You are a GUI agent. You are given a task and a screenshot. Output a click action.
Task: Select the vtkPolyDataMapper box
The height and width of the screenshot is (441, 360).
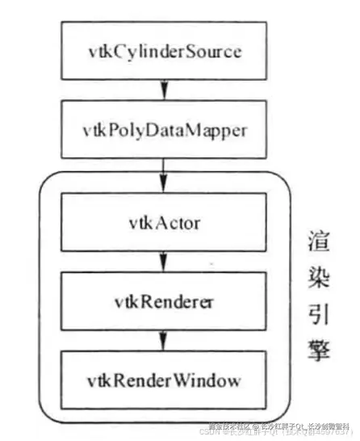pos(164,128)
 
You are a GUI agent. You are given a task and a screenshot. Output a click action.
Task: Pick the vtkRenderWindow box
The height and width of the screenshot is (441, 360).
pos(164,378)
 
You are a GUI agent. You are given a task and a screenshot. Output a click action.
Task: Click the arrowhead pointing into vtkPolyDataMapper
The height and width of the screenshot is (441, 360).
pos(164,91)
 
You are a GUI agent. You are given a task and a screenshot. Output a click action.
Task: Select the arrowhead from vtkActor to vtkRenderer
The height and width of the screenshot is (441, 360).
pos(164,264)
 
